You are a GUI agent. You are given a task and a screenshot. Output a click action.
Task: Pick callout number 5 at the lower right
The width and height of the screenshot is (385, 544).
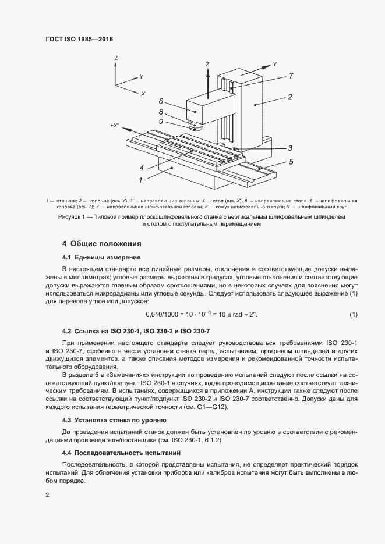[291, 162]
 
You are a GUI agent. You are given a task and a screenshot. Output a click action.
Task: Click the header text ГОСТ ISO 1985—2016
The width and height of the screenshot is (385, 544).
[79, 39]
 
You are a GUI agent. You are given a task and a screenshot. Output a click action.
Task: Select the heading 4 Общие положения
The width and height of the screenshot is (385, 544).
[101, 243]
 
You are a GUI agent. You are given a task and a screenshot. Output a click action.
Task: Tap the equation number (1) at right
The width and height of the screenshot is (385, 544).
[353, 315]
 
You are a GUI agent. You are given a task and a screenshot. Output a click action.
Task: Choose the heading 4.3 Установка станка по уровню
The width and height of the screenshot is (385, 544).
[114, 419]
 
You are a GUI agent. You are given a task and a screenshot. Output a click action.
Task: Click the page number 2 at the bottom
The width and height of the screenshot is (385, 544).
[47, 495]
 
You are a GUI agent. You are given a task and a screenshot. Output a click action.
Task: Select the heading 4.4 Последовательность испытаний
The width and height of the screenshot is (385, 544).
[121, 452]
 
